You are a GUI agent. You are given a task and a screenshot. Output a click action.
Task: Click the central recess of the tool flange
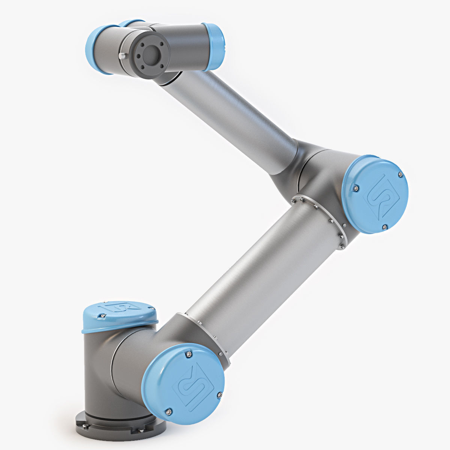click(150, 55)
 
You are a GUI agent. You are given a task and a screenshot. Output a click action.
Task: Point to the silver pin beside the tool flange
click(122, 56)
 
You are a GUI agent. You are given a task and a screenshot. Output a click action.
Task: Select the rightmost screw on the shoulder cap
click(220, 394)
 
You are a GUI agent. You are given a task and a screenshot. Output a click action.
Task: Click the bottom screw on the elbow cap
click(384, 227)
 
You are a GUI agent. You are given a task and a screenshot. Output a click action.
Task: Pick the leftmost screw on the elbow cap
click(355, 187)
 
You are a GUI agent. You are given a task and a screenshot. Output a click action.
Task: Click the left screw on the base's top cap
click(100, 317)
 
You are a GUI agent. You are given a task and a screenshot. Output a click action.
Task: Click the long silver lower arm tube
click(259, 270)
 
